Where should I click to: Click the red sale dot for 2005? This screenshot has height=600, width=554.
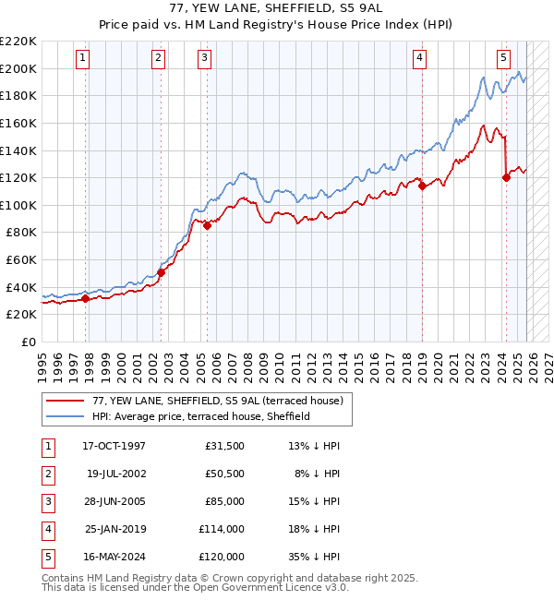pos(208,225)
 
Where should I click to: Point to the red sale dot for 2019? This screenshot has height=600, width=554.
pos(423,186)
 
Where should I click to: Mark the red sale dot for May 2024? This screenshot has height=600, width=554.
pos(506,178)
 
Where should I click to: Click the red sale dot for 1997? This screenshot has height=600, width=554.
pos(86,298)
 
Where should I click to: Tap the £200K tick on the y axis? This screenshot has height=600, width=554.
pos(18,68)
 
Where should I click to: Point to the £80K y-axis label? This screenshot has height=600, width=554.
pos(20,233)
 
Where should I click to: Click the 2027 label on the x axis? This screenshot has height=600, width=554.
pos(548,360)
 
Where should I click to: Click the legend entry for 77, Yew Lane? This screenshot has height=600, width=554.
pos(217,401)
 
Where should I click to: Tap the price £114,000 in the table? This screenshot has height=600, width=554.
pos(220,529)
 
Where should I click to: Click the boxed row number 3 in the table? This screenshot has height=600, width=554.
pos(46,501)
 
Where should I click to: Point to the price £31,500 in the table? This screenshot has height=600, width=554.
pos(223,445)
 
